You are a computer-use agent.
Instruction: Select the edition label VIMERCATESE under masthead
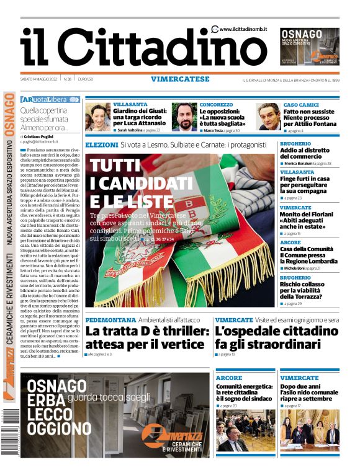tap(179, 79)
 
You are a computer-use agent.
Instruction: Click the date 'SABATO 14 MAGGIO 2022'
tap(39, 79)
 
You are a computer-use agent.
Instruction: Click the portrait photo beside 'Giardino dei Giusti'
tap(97, 117)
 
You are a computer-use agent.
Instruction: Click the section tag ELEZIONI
tap(101, 144)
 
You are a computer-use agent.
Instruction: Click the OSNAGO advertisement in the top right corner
tap(309, 46)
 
